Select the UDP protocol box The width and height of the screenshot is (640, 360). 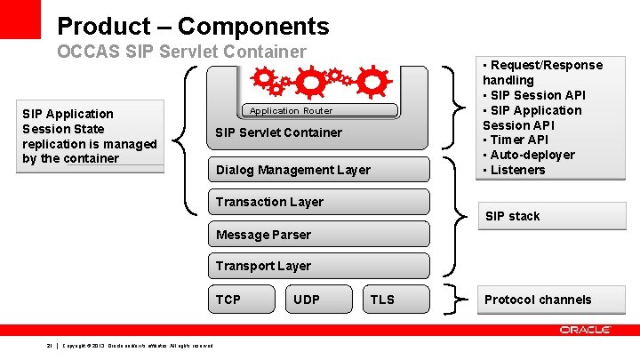pos(318,300)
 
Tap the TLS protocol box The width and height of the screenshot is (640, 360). pos(396,300)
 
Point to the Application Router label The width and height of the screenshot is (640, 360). pos(291,111)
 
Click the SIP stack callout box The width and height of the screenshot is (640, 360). pos(551,216)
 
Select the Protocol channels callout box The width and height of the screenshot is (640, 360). pos(551,300)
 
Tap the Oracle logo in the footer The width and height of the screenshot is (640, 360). pos(585,330)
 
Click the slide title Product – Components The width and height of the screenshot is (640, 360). pos(193,27)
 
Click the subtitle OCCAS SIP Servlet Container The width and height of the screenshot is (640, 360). pos(181,52)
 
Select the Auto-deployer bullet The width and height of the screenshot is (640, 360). pos(532,155)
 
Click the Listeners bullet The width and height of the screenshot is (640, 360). pos(517,170)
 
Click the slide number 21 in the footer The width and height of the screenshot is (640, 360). pos(50,345)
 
